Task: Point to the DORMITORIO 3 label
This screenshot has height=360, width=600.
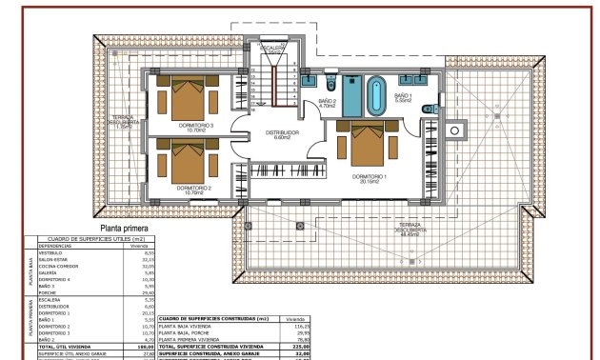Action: click(x=196, y=125)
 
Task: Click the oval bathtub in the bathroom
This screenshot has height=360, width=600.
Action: click(x=374, y=94)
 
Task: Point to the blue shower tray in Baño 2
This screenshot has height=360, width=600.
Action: click(x=350, y=94)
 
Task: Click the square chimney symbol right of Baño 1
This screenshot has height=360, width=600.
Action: click(x=453, y=130)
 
